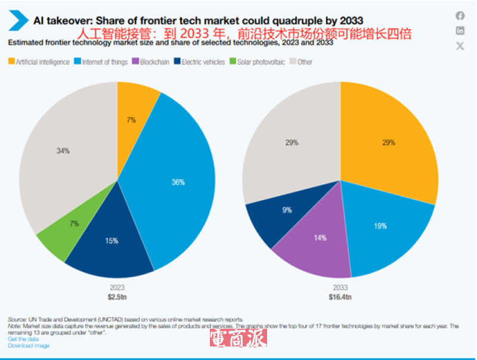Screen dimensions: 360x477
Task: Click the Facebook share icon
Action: coord(460,16)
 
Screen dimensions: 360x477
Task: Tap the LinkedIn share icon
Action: coord(460,31)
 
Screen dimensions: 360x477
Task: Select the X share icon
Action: coord(460,46)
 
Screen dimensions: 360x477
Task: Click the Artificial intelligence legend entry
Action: coord(39,62)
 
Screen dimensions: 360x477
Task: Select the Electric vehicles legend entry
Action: coord(199,62)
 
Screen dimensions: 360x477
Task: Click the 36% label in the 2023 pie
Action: coord(178,182)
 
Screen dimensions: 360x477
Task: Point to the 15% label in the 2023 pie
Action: coord(111,241)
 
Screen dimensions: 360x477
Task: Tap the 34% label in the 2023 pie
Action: coord(63,151)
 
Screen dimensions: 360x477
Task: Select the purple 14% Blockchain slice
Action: coord(321,238)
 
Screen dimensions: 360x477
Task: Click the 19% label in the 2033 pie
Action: coord(380,226)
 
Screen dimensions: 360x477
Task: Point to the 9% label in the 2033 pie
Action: coord(287,210)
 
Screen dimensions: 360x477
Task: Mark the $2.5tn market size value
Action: coord(117,296)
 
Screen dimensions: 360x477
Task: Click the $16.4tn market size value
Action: coord(340,296)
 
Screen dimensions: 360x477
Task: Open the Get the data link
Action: coord(23,339)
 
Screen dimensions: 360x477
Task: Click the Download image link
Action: coord(29,345)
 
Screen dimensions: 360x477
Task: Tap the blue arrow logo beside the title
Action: coord(18,21)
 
